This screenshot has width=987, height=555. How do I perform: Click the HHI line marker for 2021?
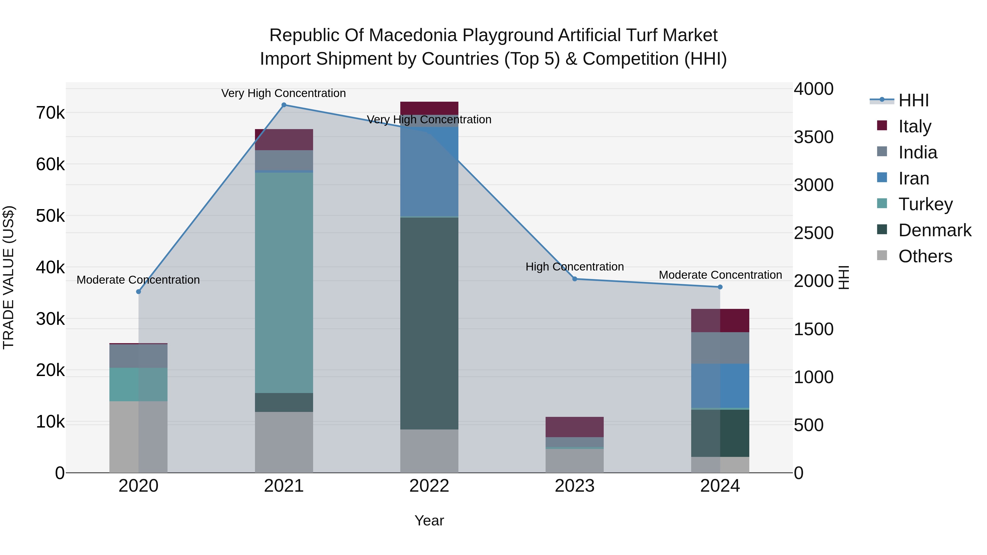pos(284,105)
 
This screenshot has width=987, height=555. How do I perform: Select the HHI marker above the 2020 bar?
pos(139,292)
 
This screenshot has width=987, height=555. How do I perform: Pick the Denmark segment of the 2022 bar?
pos(429,323)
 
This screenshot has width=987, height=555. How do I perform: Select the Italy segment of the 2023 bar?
pos(575,427)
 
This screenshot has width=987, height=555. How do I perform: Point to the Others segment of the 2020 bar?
pos(139,437)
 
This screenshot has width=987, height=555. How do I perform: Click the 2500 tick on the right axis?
pos(813,233)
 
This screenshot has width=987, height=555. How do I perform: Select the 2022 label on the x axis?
pos(429,486)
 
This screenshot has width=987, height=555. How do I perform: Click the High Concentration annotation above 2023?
pos(574,267)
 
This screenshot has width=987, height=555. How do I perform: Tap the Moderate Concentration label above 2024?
pos(720,275)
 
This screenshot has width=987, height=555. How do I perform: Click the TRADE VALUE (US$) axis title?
pos(9,277)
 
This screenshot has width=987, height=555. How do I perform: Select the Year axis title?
pos(429,520)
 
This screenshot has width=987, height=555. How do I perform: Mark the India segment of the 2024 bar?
pos(720,348)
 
